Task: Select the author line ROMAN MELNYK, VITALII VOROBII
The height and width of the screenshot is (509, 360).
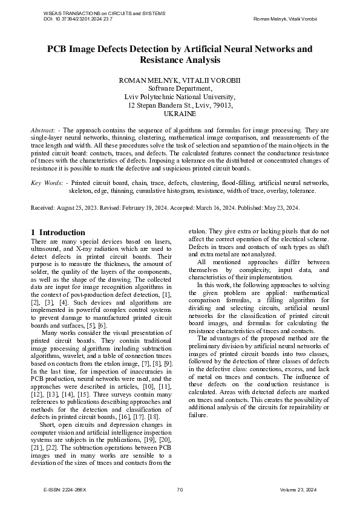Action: (180, 80)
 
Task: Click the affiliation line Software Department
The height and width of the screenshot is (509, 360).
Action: (180, 88)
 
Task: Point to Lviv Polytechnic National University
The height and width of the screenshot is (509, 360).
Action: (180, 97)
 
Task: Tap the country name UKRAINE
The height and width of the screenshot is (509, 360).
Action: (180, 114)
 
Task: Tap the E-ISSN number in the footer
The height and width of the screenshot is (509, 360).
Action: (65, 490)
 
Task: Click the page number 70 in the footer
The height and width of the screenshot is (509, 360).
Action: (180, 490)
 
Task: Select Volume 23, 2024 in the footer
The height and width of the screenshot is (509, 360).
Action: (303, 490)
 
